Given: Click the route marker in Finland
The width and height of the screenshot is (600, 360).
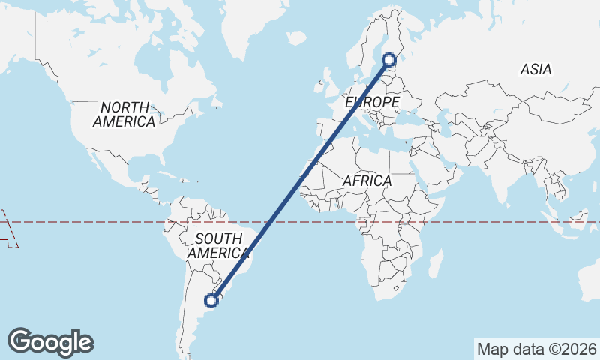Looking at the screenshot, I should click(389, 59).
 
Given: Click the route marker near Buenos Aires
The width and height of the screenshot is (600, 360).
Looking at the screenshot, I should click(212, 300).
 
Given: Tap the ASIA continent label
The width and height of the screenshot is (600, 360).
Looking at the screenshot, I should click(535, 70).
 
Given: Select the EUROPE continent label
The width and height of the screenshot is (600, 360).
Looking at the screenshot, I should click(372, 101).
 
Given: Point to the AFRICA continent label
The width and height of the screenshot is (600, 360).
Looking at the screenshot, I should click(367, 181).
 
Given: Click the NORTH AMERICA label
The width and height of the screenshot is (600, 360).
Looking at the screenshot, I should click(124, 114).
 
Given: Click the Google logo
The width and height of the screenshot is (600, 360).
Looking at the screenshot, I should click(50, 342).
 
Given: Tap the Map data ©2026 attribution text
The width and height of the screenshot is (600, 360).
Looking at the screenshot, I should click(536, 349).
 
